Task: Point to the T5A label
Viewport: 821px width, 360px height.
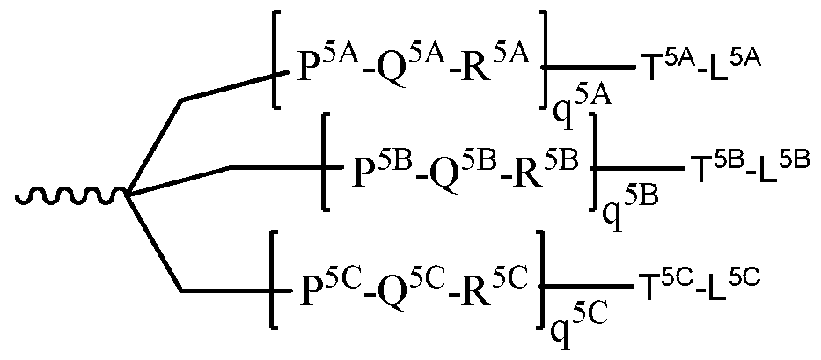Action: [658, 64]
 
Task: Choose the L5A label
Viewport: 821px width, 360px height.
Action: [728, 64]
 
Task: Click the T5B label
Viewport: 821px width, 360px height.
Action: [707, 165]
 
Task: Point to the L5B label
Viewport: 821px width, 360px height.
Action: [777, 165]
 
